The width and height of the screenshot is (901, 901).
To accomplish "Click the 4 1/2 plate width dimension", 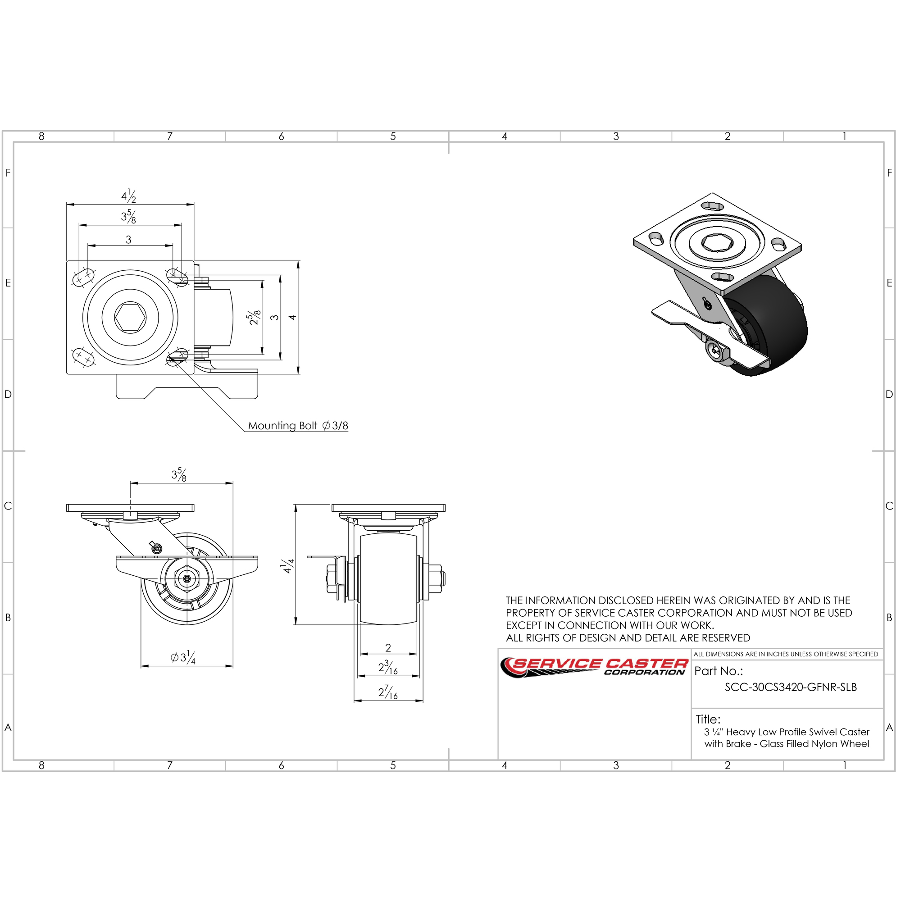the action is (129, 196).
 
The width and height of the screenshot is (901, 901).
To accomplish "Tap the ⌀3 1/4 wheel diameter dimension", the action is (183, 658).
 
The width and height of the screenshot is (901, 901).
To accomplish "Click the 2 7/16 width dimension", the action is (388, 692).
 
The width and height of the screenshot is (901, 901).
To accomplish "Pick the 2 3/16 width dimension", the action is (388, 668).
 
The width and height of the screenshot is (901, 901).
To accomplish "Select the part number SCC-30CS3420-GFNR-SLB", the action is (791, 687).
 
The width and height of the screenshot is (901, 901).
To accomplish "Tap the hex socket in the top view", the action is (131, 318).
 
